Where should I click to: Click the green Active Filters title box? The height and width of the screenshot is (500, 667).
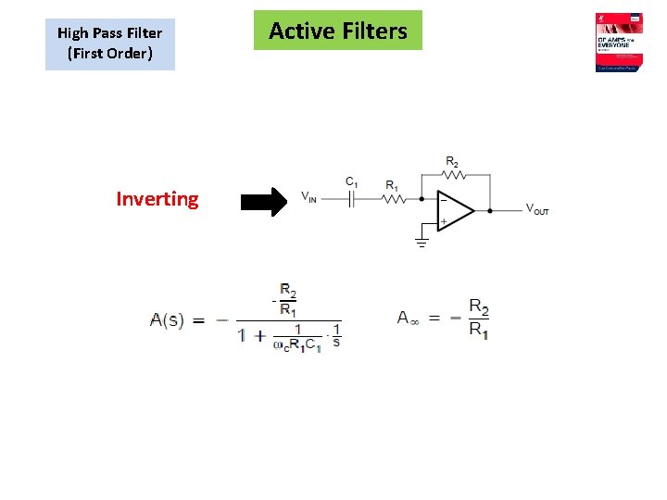coord(338,31)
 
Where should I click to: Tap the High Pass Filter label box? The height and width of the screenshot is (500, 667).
coord(109,43)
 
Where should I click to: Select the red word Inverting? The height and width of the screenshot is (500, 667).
coord(157,199)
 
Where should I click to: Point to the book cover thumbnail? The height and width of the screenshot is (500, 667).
coord(620,43)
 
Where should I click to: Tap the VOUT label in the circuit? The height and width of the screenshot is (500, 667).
coord(537,210)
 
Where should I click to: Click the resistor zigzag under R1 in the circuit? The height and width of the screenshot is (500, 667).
coord(393,198)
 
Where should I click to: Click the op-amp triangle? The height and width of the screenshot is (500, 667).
coord(454,211)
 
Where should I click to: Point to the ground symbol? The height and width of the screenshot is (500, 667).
coord(422,243)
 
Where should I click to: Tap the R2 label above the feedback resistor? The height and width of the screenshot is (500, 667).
coord(451,160)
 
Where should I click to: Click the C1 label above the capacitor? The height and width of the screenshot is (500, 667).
coord(352,181)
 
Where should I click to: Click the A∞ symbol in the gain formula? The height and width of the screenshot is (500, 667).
coord(409,318)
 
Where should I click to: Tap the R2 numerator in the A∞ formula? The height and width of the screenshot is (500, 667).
coord(478,306)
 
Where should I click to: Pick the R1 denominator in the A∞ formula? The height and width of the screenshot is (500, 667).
coord(478,330)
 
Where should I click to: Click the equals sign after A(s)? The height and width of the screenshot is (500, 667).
coord(198,320)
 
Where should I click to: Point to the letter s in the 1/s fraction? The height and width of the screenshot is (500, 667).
coord(336,342)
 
